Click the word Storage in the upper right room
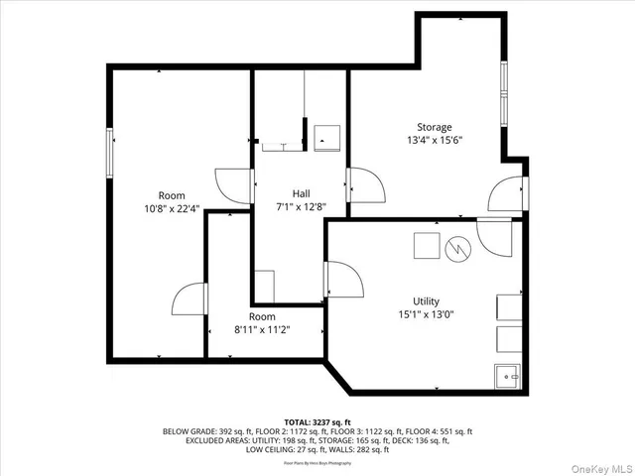click(434, 127)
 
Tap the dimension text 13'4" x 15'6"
click(434, 140)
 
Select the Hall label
click(302, 193)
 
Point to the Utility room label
click(427, 301)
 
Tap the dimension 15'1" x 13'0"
click(427, 314)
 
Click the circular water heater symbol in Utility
click(459, 244)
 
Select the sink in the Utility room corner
click(507, 376)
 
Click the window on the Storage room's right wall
click(504, 93)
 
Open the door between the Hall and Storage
click(362, 184)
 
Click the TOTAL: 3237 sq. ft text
click(317, 420)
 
